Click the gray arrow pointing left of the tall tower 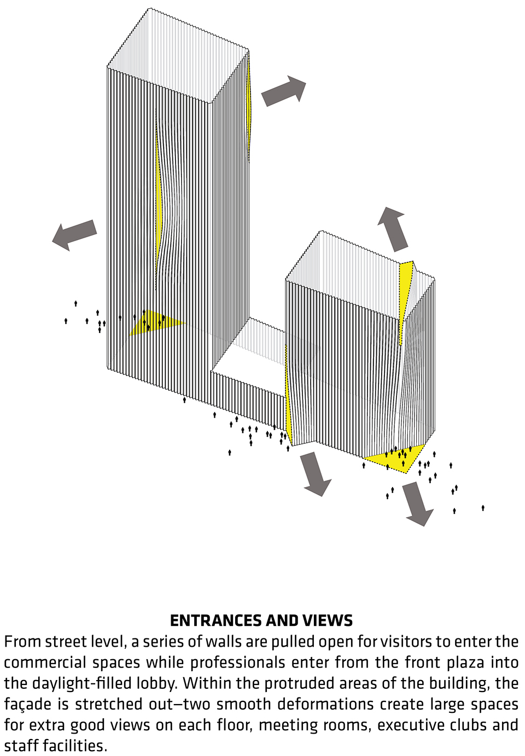point(74,235)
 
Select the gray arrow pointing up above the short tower point(393,229)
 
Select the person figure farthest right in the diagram point(483,508)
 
